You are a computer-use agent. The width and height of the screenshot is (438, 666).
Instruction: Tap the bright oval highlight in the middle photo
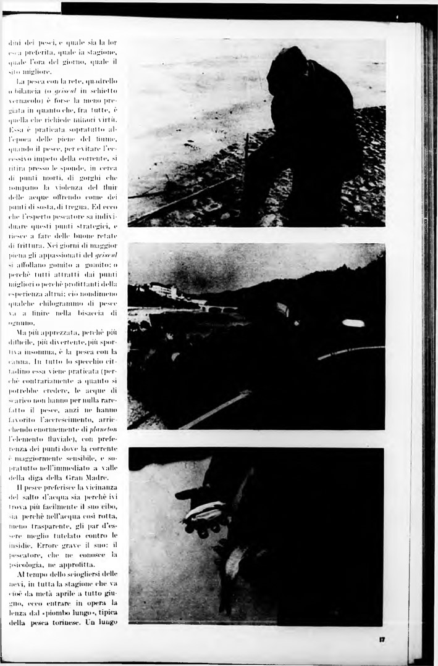tap(353, 323)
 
